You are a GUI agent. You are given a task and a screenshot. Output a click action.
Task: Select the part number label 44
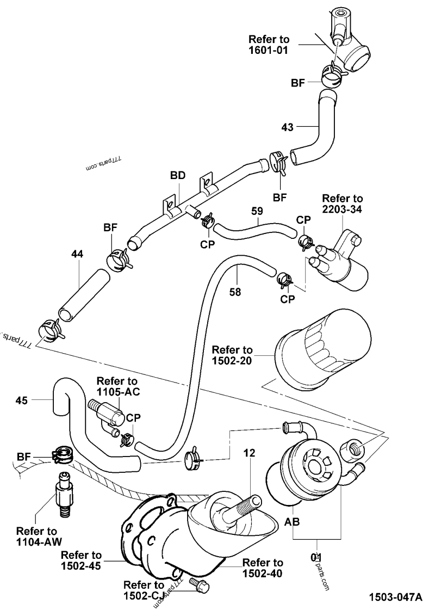coord(78,254)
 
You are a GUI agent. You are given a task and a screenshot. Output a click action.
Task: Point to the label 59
coord(258,210)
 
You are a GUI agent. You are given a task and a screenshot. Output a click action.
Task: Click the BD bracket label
coord(178,175)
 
